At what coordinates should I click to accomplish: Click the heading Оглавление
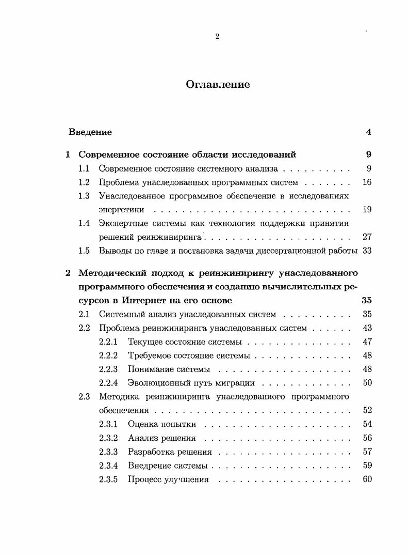218,85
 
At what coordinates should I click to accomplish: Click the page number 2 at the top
217,36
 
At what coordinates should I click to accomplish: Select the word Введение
90,132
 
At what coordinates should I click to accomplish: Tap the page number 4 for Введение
368,132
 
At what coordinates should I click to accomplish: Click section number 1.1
84,168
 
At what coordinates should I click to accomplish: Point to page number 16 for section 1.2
367,182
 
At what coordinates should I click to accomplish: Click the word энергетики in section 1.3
121,210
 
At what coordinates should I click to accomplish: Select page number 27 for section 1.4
367,237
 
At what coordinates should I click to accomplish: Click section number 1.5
84,251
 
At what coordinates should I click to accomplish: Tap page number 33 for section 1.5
367,251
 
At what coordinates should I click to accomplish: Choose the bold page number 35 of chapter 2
367,300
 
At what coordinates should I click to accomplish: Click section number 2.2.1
108,342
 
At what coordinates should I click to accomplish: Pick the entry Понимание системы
169,369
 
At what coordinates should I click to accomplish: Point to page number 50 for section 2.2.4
367,383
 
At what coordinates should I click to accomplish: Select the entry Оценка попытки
162,424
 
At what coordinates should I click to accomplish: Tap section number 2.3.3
108,452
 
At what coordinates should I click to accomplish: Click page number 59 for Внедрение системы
367,465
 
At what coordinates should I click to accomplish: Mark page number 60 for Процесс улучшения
367,479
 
